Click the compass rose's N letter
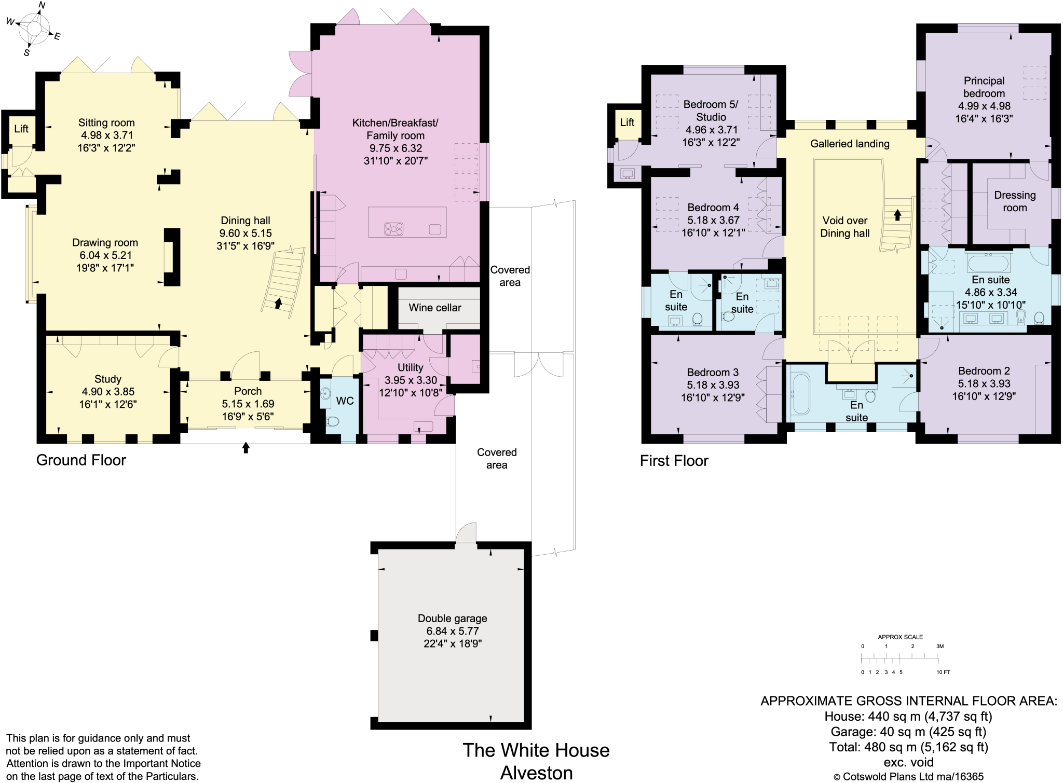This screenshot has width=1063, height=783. pyautogui.click(x=42, y=6)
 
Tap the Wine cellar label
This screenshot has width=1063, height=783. pyautogui.click(x=434, y=308)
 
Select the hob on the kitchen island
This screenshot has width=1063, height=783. pyautogui.click(x=393, y=228)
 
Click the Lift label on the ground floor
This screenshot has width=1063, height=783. pyautogui.click(x=21, y=129)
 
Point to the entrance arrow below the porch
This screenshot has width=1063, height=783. pyautogui.click(x=246, y=447)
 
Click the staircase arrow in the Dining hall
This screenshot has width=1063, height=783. pyautogui.click(x=278, y=304)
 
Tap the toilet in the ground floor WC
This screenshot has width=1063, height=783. pyautogui.click(x=332, y=421)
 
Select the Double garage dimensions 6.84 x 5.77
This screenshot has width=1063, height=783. pyautogui.click(x=452, y=631)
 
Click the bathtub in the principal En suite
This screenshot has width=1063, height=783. pyautogui.click(x=988, y=263)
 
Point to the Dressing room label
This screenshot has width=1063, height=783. pyautogui.click(x=1014, y=201)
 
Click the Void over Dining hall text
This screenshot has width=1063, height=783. pyautogui.click(x=844, y=227)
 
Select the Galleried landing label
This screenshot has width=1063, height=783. pyautogui.click(x=850, y=144)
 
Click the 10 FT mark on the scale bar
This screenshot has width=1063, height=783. pyautogui.click(x=943, y=672)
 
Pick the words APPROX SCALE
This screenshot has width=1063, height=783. pyautogui.click(x=900, y=637)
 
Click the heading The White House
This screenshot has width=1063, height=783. pyautogui.click(x=536, y=750)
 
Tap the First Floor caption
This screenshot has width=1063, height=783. pyautogui.click(x=674, y=461)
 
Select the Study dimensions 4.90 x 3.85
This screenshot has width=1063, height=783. pyautogui.click(x=107, y=392)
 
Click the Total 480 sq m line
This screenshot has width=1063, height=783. pyautogui.click(x=908, y=747)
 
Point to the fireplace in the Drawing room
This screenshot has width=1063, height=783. pyautogui.click(x=171, y=257)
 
